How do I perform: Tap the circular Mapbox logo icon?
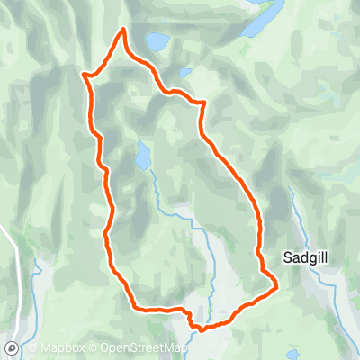11,347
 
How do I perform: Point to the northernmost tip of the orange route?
121,31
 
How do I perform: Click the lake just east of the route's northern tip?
157,41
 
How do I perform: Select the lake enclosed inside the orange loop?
143,155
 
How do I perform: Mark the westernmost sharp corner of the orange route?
84,75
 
